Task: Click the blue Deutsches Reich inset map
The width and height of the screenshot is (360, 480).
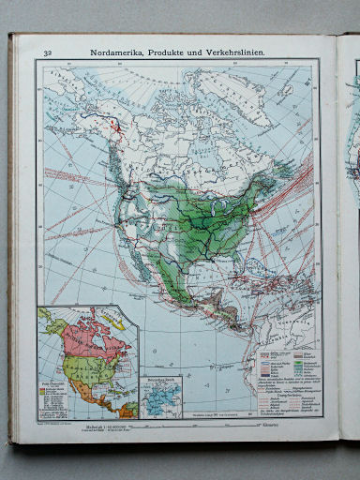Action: tap(163, 395)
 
